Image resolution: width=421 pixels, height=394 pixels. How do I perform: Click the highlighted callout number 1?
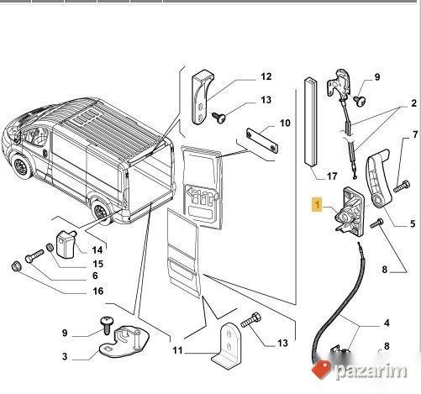[x=317, y=205]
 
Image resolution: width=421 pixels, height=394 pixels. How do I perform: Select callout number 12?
[x=266, y=76]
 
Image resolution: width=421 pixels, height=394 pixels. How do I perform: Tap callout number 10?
[x=285, y=123]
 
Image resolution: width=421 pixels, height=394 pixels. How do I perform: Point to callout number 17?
[x=332, y=176]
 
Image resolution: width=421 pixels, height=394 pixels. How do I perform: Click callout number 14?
[x=97, y=250]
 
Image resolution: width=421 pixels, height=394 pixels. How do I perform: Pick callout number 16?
[x=98, y=291]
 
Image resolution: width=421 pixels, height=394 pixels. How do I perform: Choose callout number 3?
[x=65, y=356]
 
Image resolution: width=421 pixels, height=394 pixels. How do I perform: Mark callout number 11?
[x=178, y=350]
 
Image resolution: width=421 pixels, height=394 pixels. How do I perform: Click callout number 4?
[x=387, y=323]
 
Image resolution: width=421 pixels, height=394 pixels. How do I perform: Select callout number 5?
[x=413, y=223]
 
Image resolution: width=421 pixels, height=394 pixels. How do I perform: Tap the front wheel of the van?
[x=22, y=167]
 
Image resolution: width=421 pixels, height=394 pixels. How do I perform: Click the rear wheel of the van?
[x=100, y=210]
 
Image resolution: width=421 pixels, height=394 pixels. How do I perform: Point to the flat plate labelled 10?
[x=262, y=140]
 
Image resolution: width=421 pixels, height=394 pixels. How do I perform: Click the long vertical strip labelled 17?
[x=311, y=121]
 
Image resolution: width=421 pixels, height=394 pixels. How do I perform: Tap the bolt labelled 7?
[x=402, y=186]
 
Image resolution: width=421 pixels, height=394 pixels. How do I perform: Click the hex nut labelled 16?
[x=16, y=266]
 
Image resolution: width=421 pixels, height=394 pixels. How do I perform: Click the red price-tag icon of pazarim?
[x=321, y=370]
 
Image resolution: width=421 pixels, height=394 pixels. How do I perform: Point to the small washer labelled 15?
[x=50, y=248]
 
